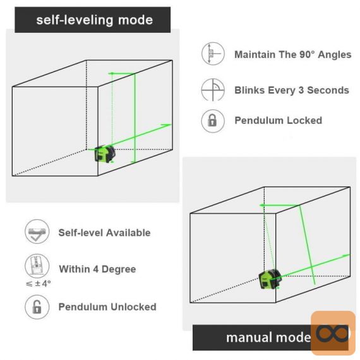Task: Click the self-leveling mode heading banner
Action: pyautogui.click(x=92, y=20)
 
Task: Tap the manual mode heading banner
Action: pyautogui.click(x=270, y=337)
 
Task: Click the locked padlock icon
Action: pyautogui.click(x=213, y=121)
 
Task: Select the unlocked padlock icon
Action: pyautogui.click(x=37, y=307)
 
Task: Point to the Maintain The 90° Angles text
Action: pyautogui.click(x=292, y=55)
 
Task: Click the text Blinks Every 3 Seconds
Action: pyautogui.click(x=292, y=90)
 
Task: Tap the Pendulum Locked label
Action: pyautogui.click(x=279, y=121)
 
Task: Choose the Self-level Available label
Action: pyautogui.click(x=104, y=233)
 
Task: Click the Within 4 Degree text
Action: pyautogui.click(x=97, y=269)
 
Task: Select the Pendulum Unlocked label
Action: pyautogui.click(x=107, y=307)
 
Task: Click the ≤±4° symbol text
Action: pyautogui.click(x=38, y=284)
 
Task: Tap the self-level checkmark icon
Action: pyautogui.click(x=37, y=231)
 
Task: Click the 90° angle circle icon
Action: pyautogui.click(x=213, y=54)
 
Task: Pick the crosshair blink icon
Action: pyautogui.click(x=213, y=90)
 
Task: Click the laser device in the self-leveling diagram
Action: pyautogui.click(x=105, y=153)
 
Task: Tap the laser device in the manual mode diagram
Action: pyautogui.click(x=270, y=279)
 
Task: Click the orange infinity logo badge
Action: pyautogui.click(x=333, y=333)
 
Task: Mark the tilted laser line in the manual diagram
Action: pyautogui.click(x=307, y=245)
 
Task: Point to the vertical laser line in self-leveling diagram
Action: pyautogui.click(x=135, y=118)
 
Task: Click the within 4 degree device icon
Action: pyautogui.click(x=37, y=266)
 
